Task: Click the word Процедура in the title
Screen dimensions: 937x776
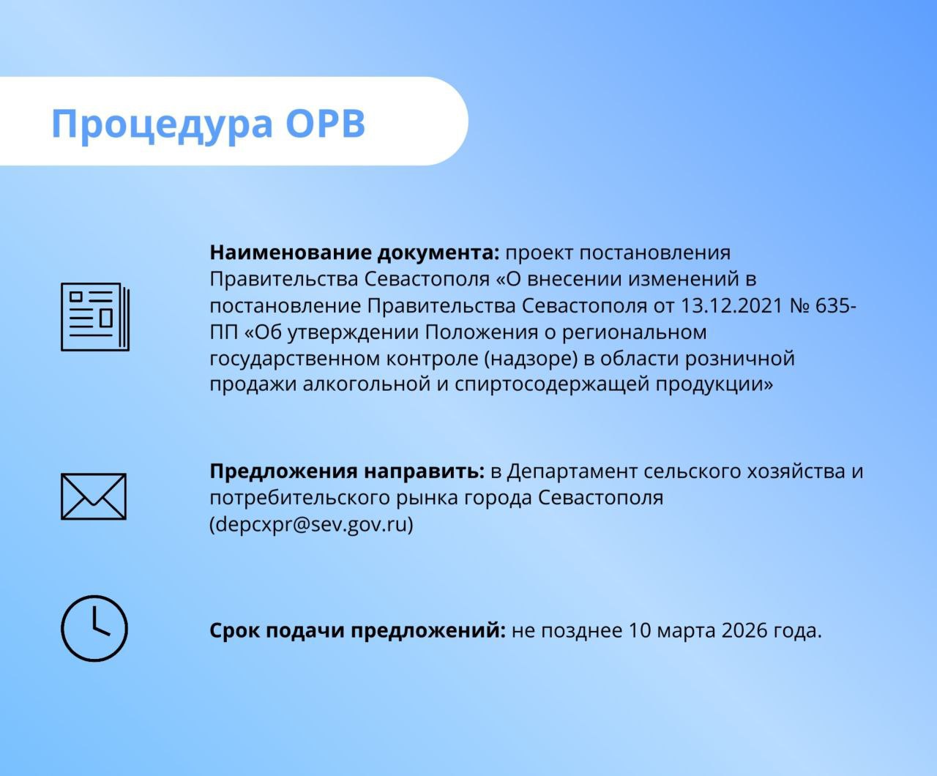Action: click(162, 125)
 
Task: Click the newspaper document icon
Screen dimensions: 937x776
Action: click(95, 317)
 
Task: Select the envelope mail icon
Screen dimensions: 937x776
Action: click(94, 496)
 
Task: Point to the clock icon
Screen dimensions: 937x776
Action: click(94, 628)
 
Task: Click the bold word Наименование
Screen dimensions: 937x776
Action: click(291, 253)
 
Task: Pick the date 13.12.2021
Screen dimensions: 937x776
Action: click(732, 306)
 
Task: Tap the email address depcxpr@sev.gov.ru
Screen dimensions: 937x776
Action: click(311, 524)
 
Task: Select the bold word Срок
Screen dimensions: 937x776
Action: click(235, 630)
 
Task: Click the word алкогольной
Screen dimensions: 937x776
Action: click(366, 384)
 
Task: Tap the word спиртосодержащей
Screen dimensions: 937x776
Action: click(552, 385)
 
